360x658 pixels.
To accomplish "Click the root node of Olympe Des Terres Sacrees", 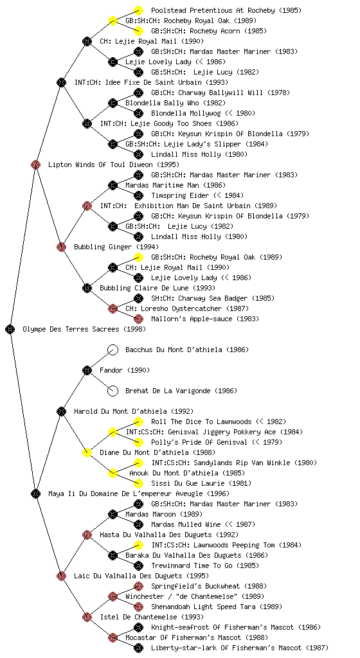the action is [x=10, y=329].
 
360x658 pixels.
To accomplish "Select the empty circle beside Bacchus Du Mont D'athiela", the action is [x=113, y=350].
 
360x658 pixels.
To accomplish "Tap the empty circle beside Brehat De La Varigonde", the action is [x=113, y=391].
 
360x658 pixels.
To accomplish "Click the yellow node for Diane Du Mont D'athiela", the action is [x=87, y=452].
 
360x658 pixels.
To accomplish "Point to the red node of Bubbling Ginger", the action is [x=61, y=247].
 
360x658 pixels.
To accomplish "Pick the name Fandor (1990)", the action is [x=125, y=370].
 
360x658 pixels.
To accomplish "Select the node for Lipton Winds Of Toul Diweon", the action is [x=35, y=164].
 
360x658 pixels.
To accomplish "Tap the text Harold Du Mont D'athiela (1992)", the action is [x=134, y=411].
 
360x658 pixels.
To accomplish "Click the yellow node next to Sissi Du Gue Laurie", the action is [x=138, y=483].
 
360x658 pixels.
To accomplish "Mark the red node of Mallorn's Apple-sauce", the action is [x=138, y=319].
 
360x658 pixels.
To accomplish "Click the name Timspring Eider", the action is [x=180, y=195].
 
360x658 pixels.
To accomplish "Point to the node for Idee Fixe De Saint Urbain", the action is [x=61, y=82].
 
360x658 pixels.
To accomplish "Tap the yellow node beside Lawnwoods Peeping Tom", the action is [x=138, y=545].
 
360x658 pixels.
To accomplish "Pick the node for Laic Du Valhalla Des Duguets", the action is [x=61, y=576].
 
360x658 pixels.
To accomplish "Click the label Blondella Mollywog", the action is [x=186, y=113].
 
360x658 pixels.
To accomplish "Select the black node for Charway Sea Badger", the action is [x=138, y=298].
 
